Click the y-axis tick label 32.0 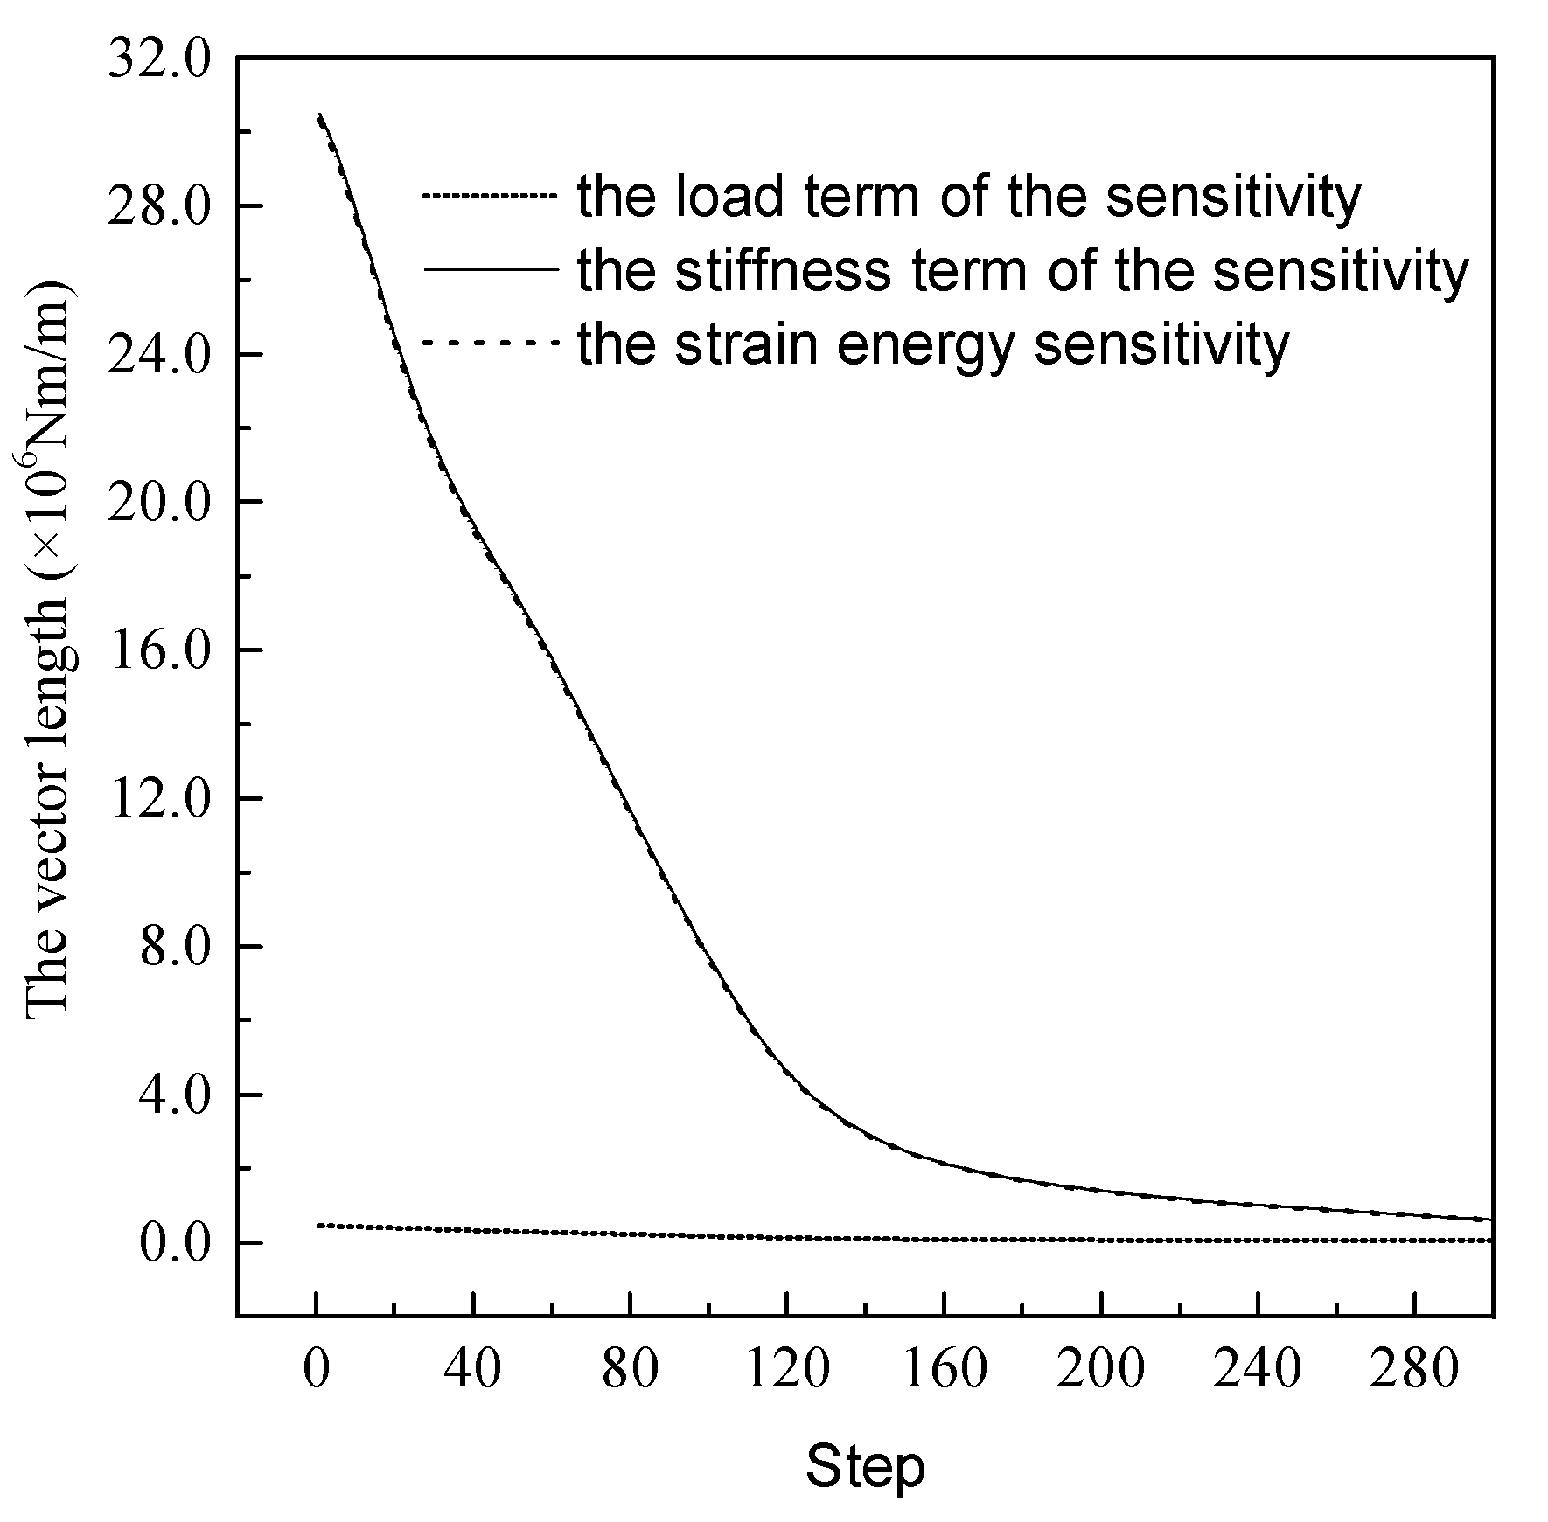click(158, 62)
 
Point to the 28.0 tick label click(158, 206)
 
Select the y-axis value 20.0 click(158, 503)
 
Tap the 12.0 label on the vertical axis click(158, 799)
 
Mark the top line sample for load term click(490, 196)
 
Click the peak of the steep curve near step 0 click(320, 115)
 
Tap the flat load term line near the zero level click(875, 1238)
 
